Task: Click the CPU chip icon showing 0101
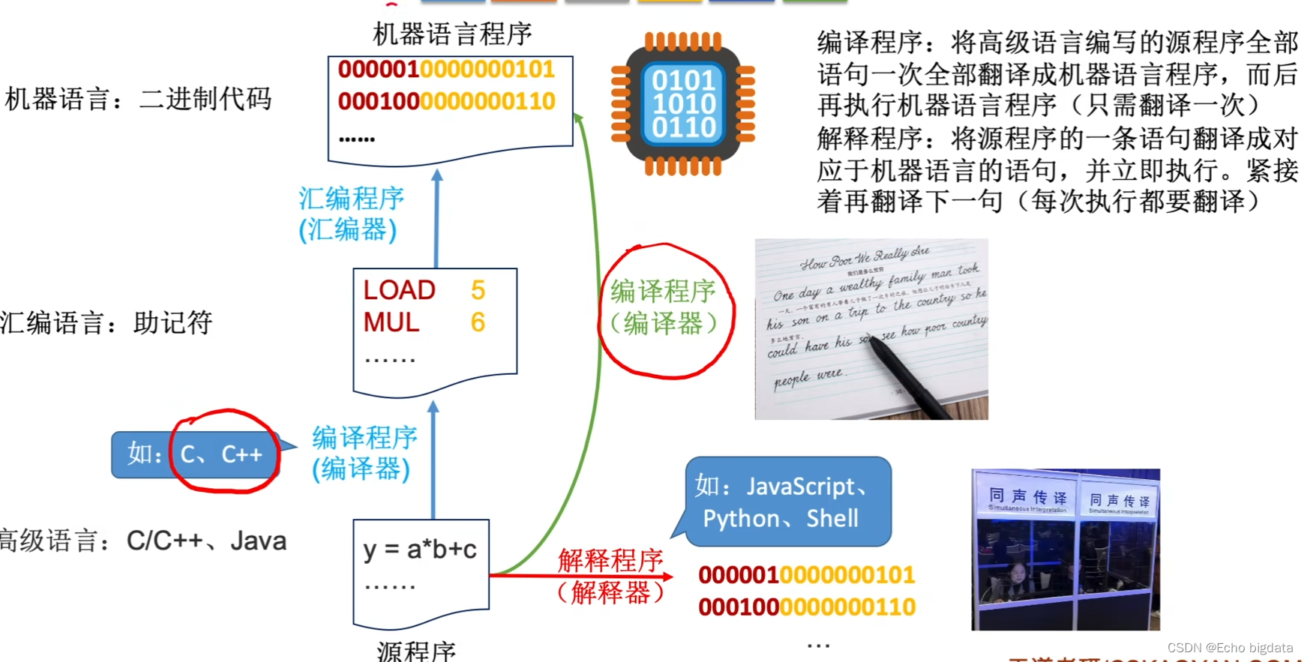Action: click(683, 103)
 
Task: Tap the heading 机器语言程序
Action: click(452, 34)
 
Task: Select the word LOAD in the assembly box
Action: click(399, 290)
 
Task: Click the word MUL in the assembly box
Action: click(391, 322)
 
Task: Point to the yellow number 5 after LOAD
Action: click(478, 290)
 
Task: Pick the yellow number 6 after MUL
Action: click(478, 322)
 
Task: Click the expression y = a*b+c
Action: click(420, 550)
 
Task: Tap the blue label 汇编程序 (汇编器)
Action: click(350, 214)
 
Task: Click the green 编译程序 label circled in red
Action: click(663, 307)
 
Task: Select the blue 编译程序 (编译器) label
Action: click(364, 453)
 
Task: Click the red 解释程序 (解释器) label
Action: click(610, 576)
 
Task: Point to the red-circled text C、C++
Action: click(222, 454)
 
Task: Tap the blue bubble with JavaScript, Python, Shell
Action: click(787, 502)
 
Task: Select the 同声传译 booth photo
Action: click(1065, 549)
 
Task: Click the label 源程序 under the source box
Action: click(416, 651)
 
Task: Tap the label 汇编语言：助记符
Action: click(106, 323)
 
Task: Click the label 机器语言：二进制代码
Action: click(138, 99)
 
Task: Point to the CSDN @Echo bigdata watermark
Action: click(1230, 648)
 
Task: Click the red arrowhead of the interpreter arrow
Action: click(667, 576)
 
